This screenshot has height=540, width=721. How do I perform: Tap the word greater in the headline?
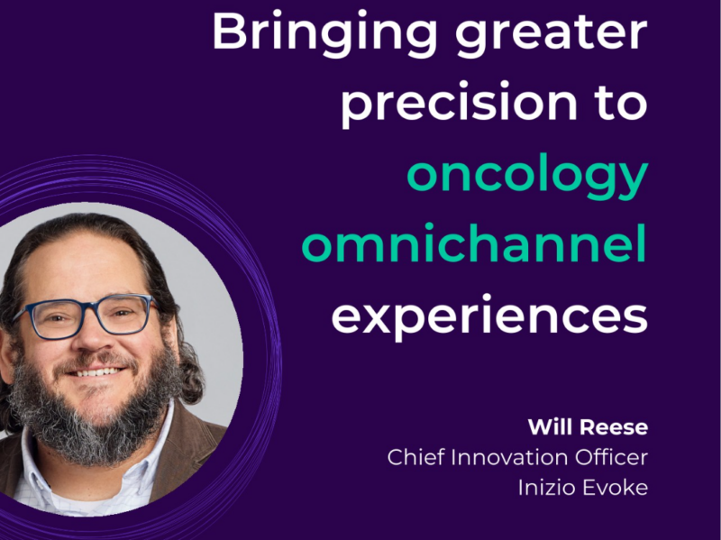click(x=558, y=33)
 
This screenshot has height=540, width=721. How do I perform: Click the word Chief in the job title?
click(x=415, y=457)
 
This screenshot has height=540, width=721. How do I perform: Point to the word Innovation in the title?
click(x=512, y=457)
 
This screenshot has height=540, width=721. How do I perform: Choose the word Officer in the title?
click(x=615, y=457)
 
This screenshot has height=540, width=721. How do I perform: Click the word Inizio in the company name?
click(x=546, y=488)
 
